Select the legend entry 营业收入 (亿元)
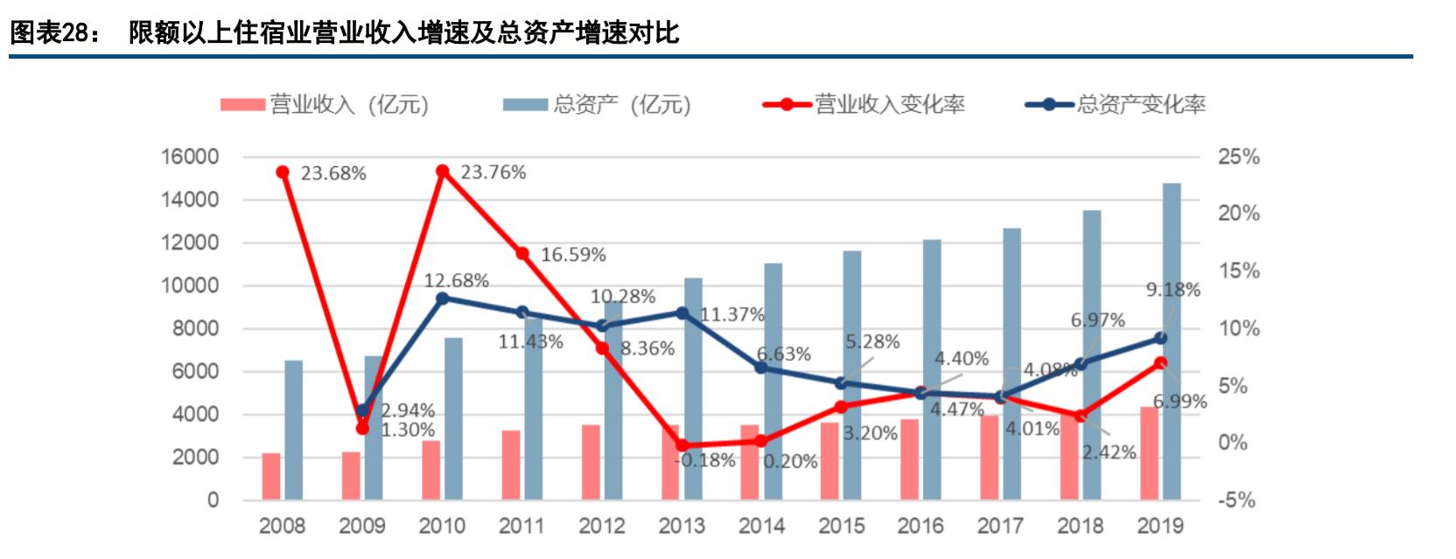point(324,105)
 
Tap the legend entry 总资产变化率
point(1115,105)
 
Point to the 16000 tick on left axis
point(189,157)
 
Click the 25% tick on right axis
point(1238,157)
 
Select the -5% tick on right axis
point(1236,500)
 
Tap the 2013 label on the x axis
point(682,526)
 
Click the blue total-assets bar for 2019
point(1172,341)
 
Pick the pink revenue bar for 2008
point(271,477)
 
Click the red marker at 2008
point(283,172)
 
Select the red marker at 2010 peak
point(443,171)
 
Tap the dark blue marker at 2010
point(443,298)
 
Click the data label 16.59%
point(573,255)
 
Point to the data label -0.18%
point(705,460)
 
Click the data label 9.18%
point(1172,290)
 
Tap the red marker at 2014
point(761,441)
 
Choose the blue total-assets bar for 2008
point(294,430)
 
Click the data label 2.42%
point(1109,452)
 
